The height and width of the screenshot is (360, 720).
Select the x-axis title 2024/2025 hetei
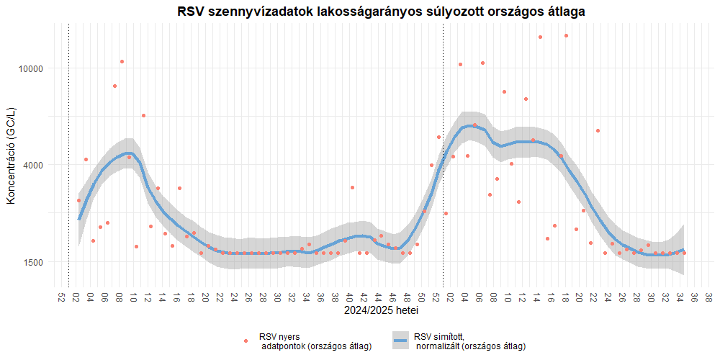pyautogui.click(x=381, y=311)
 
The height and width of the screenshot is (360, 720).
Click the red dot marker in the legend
pyautogui.click(x=246, y=341)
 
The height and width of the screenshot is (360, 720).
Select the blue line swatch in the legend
pyautogui.click(x=401, y=341)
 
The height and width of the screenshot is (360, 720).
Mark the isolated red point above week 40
pyautogui.click(x=352, y=187)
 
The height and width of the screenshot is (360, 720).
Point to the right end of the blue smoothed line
pyautogui.click(x=684, y=250)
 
